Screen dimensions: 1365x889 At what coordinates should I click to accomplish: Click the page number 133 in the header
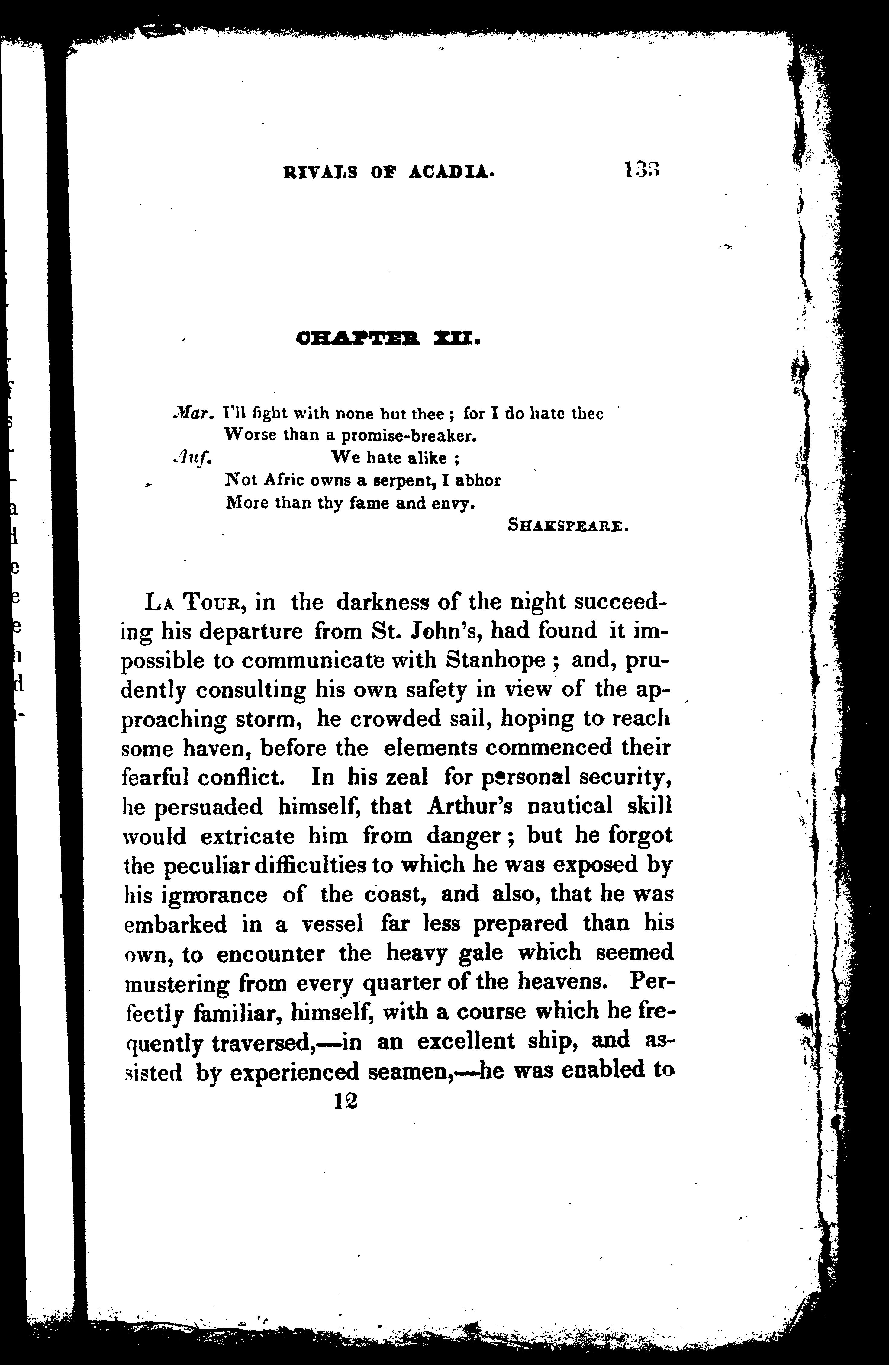643,170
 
